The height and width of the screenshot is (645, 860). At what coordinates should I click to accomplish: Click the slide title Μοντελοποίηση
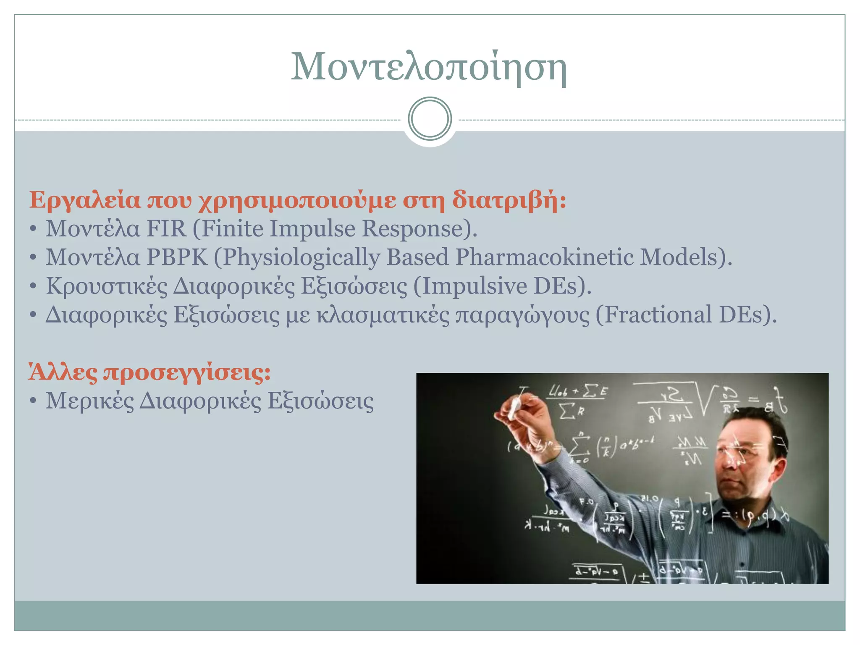429,67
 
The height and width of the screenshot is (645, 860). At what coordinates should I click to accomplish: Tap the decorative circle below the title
430,119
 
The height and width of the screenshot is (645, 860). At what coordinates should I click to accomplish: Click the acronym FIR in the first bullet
166,229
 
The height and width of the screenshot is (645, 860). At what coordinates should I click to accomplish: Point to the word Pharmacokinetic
544,257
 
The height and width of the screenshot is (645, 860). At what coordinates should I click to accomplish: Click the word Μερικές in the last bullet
89,401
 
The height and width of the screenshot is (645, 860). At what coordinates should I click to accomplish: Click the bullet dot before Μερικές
33,401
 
